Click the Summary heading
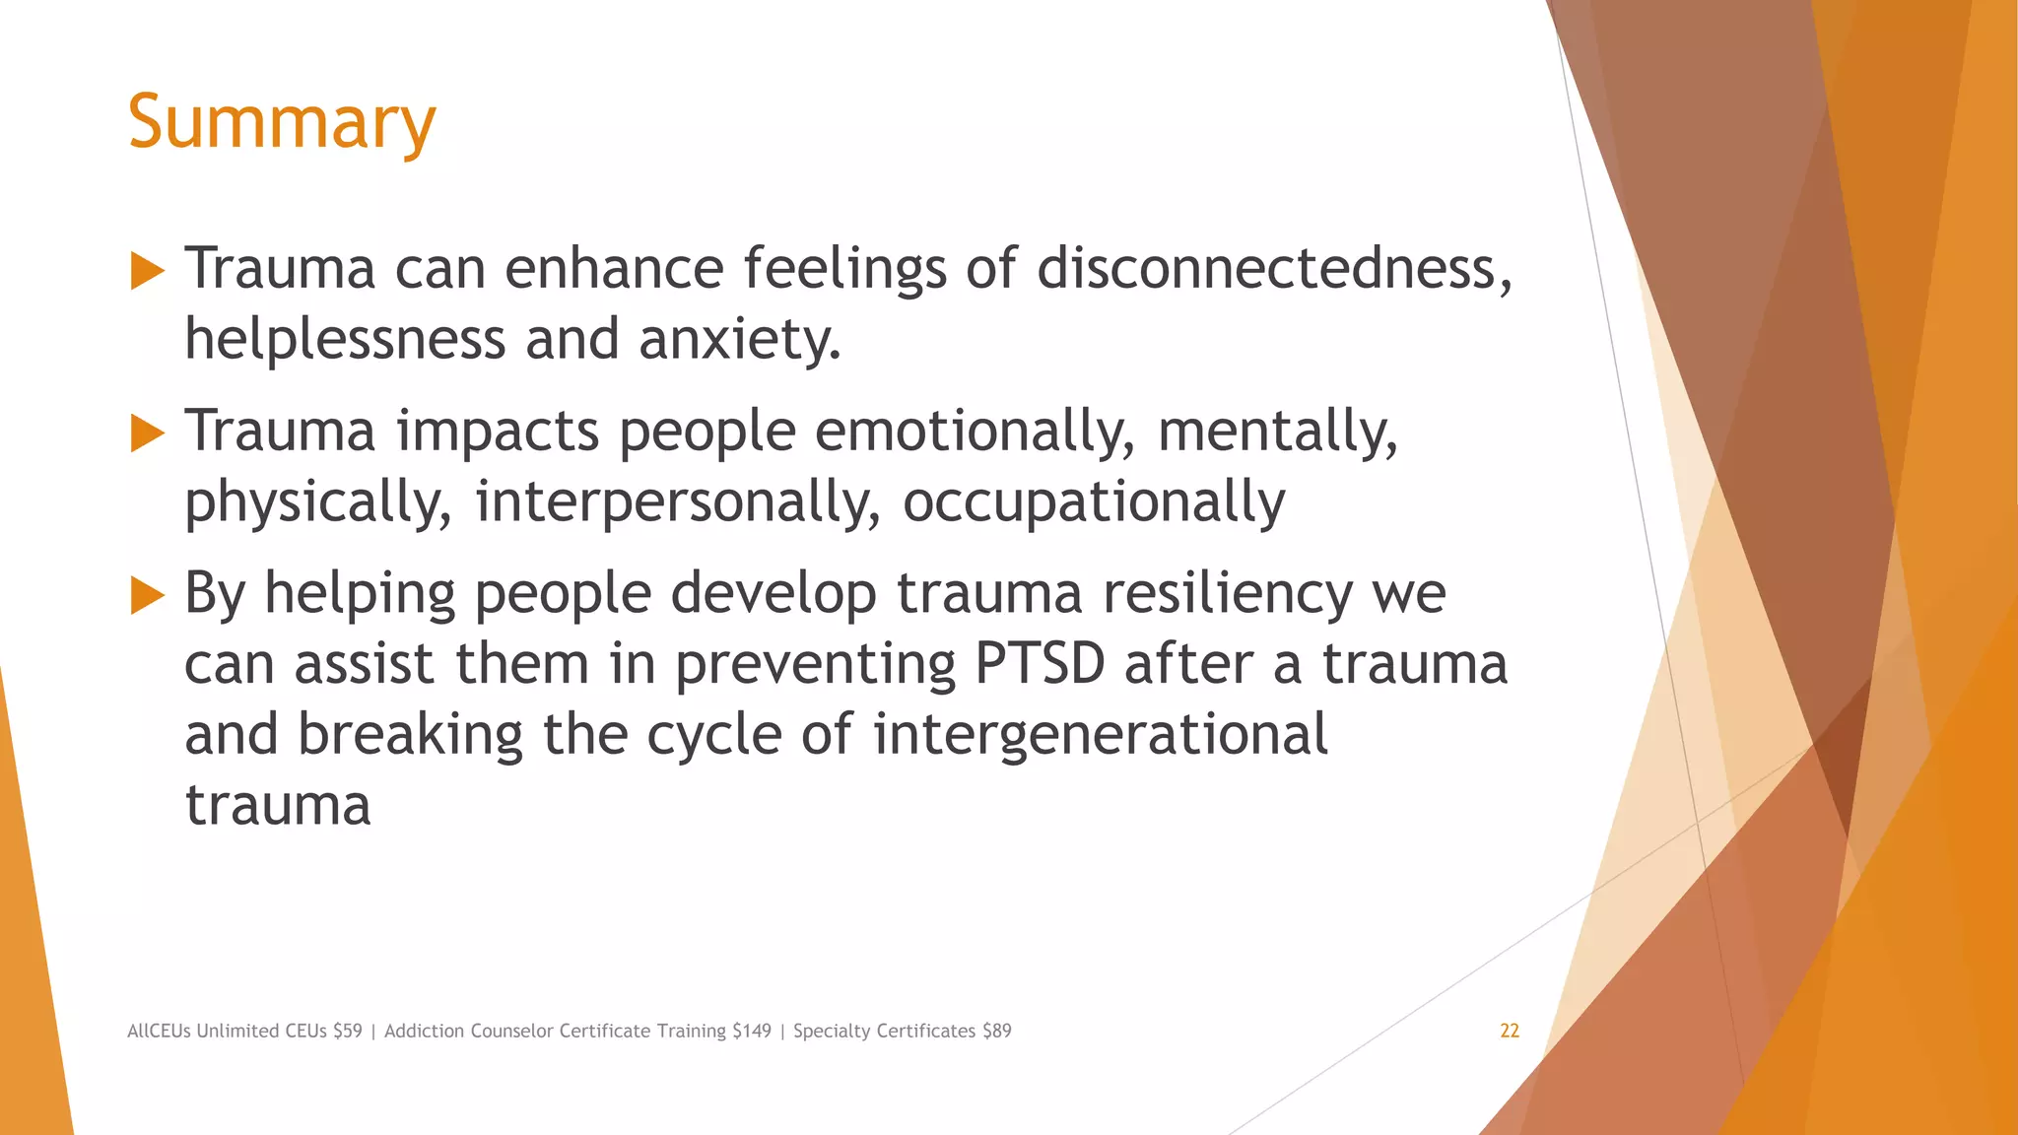click(x=282, y=122)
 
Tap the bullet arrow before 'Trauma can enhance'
click(x=147, y=270)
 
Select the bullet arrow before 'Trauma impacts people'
click(x=147, y=433)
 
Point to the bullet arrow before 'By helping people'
click(x=147, y=595)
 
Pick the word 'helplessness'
click(x=345, y=339)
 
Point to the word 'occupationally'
click(x=1094, y=501)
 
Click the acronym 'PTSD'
click(x=1040, y=664)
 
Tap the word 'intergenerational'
click(x=1101, y=735)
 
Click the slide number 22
click(x=1510, y=1031)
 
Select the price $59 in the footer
click(x=348, y=1031)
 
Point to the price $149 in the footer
click(x=752, y=1031)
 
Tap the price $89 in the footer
click(x=997, y=1031)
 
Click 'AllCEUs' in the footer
click(x=159, y=1031)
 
